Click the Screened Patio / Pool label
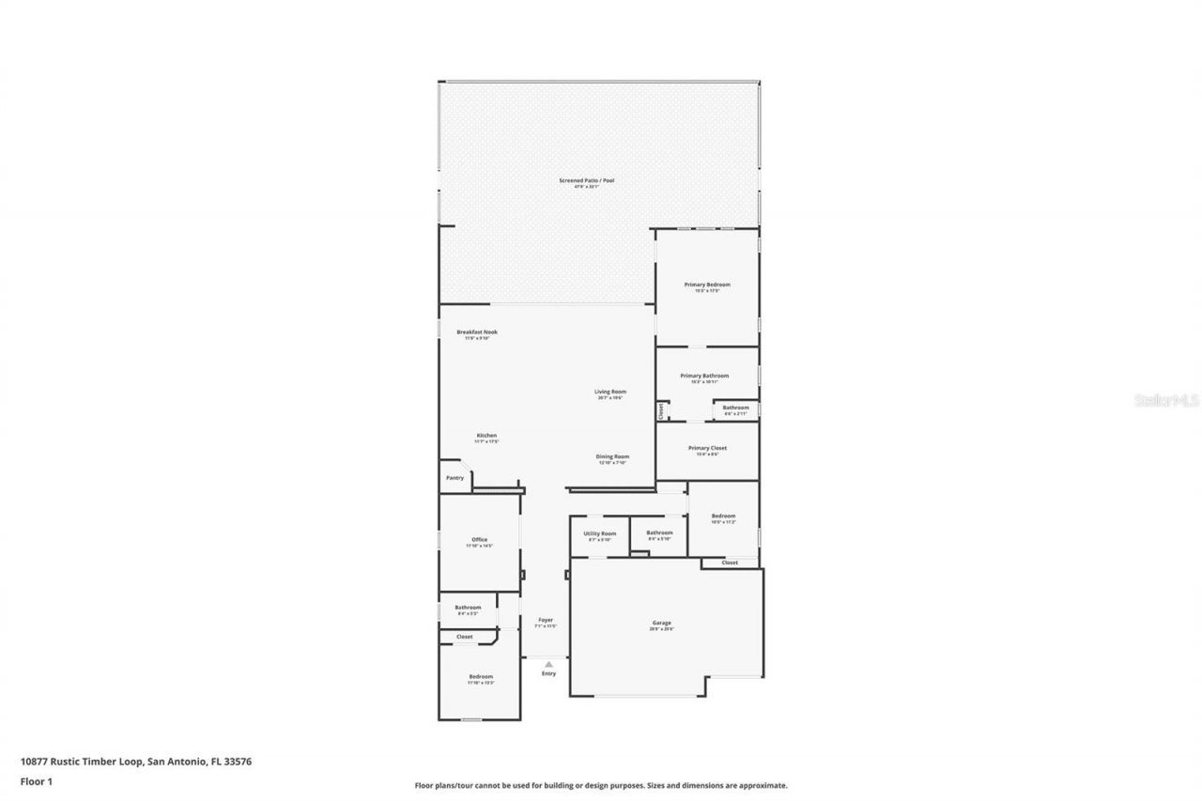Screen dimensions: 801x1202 click(x=586, y=180)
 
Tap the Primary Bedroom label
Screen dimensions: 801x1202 click(x=706, y=285)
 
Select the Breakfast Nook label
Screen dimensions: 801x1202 click(x=477, y=331)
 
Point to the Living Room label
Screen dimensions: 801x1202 click(x=609, y=392)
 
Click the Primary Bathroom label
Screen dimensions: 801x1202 click(x=704, y=376)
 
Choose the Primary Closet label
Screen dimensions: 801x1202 click(x=707, y=448)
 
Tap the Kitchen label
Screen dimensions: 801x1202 click(x=486, y=436)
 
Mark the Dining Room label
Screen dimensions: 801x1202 click(x=612, y=457)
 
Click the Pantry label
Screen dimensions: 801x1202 click(x=455, y=478)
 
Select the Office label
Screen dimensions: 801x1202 click(x=479, y=540)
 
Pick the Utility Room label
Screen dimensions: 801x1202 click(x=600, y=533)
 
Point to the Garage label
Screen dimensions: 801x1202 click(x=662, y=623)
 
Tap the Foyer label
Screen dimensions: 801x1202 click(x=546, y=620)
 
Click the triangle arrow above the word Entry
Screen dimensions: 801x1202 click(x=548, y=664)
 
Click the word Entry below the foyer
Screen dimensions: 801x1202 click(x=548, y=673)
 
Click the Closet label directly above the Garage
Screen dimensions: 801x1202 click(x=730, y=562)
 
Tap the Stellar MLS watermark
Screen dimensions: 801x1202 click(x=1167, y=400)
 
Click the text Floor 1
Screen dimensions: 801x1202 click(x=37, y=780)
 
